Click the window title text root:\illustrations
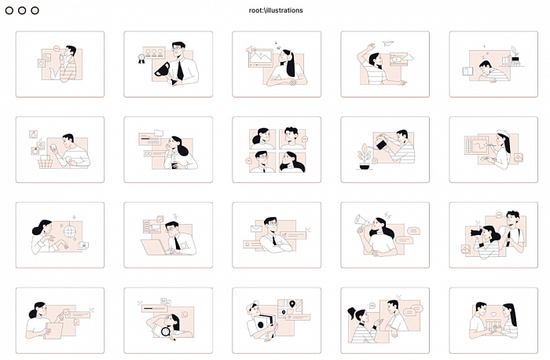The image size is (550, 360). point(276,10)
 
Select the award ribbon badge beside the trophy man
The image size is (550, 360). point(141,59)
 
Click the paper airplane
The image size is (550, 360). point(388,43)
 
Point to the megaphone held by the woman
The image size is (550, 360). point(362,221)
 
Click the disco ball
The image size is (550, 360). point(69,231)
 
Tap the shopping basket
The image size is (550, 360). point(46,162)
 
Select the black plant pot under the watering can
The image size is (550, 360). point(365,167)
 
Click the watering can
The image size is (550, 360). point(382,142)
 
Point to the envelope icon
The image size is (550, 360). point(256,229)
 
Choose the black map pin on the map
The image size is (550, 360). point(291,304)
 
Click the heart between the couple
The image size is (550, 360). point(493,314)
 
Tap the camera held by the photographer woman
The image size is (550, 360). point(475,232)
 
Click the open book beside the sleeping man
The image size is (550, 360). point(467,72)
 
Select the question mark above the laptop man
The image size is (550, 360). point(175,216)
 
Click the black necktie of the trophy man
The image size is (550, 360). point(180,69)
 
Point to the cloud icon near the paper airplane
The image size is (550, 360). point(409,57)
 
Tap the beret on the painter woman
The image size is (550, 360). point(504,134)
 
